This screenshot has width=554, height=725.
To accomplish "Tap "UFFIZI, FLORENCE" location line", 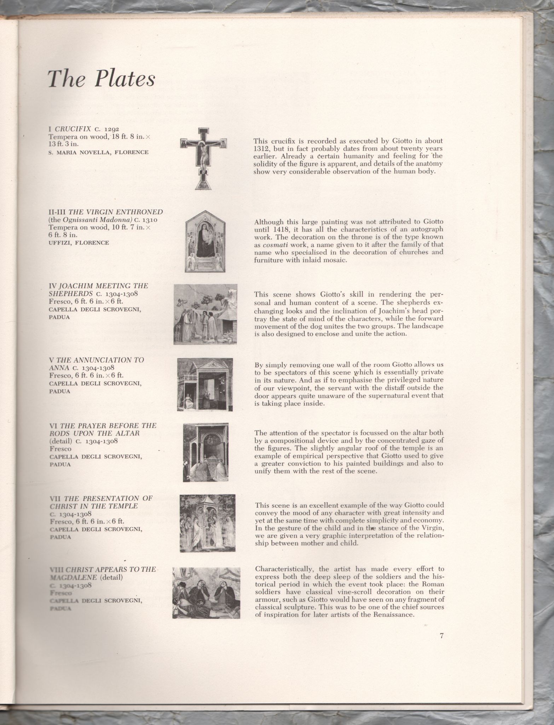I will point(79,243).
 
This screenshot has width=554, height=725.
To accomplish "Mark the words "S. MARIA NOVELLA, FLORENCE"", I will point(98,153).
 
